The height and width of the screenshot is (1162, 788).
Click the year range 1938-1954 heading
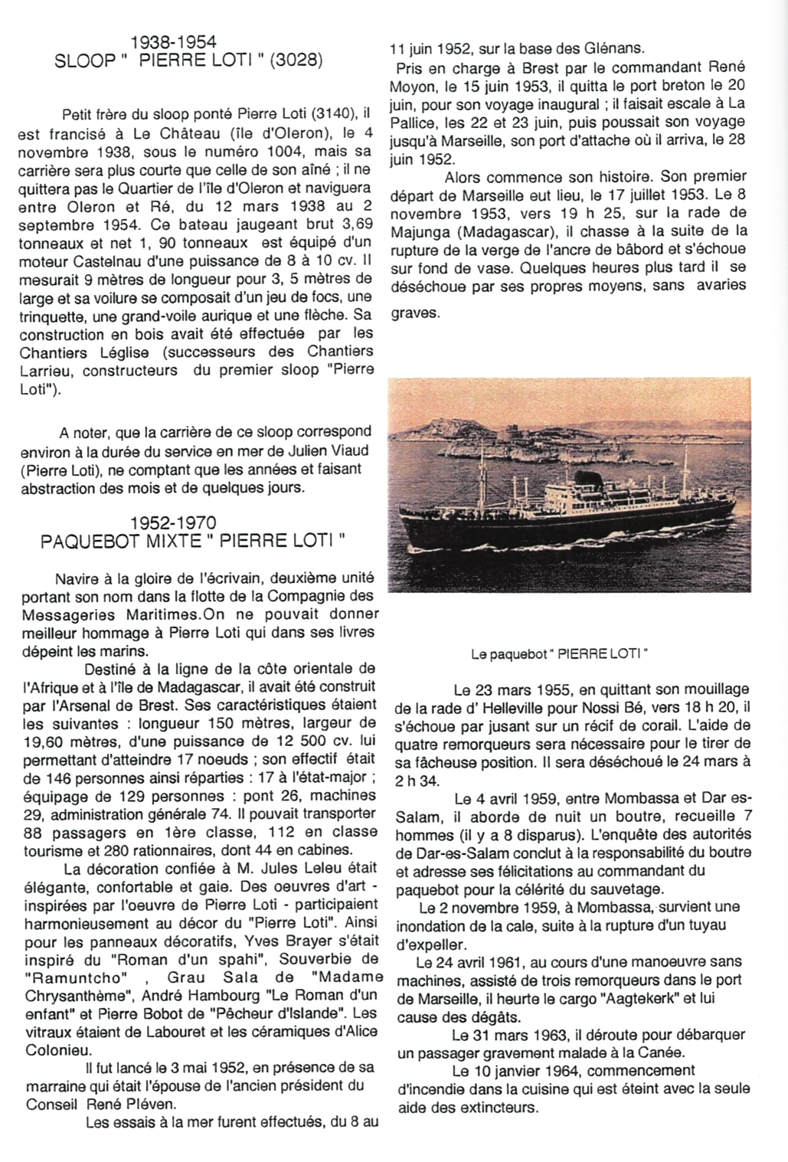173,42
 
